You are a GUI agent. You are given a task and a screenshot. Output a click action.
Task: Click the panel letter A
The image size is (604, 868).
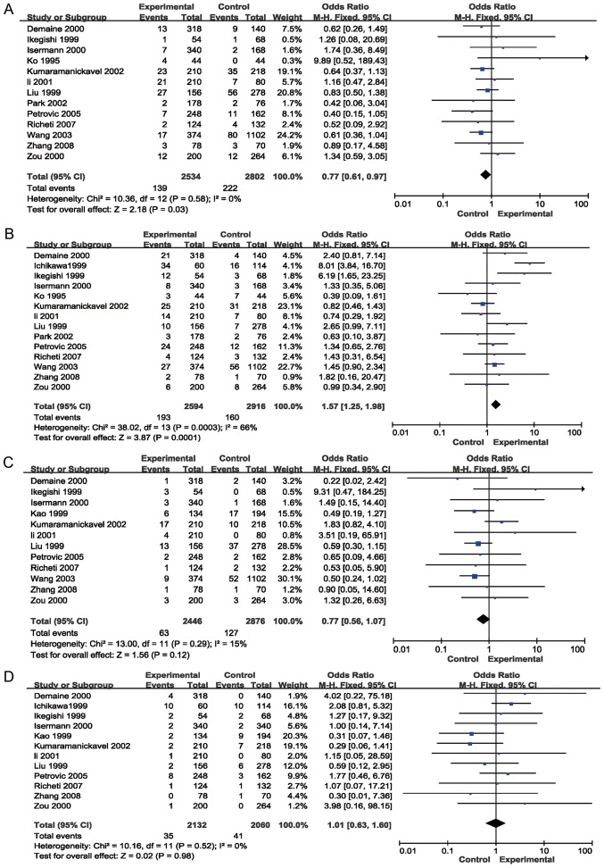(8, 6)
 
